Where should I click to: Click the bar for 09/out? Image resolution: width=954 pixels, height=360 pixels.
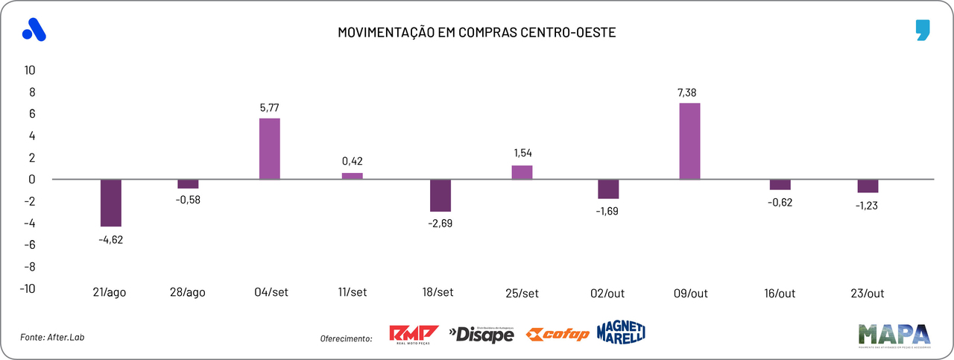689,141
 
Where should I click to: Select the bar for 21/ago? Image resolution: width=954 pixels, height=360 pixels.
110,203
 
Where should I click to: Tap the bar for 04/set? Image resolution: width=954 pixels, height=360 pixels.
269,148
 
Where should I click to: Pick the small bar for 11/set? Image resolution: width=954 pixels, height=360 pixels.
352,176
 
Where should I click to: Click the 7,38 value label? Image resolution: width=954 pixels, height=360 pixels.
689,92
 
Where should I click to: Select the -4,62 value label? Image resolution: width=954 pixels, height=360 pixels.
111,239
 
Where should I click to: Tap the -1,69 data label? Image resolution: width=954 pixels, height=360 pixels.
607,211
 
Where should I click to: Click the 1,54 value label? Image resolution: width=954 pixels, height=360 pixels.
522,154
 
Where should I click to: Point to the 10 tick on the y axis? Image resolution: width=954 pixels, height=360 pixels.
31,70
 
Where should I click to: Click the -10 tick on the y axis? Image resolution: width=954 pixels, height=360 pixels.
28,288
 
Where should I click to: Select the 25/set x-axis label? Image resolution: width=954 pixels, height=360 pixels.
522,293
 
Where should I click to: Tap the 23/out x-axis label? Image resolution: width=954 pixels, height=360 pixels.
868,293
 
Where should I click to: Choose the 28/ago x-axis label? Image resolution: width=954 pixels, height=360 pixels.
188,293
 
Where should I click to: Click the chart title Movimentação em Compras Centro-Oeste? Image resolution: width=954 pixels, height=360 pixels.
477,33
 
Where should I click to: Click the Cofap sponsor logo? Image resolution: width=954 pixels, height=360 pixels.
557,335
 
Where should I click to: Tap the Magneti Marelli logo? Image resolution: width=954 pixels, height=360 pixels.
621,332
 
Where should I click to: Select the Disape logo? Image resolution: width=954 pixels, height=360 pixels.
481,335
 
